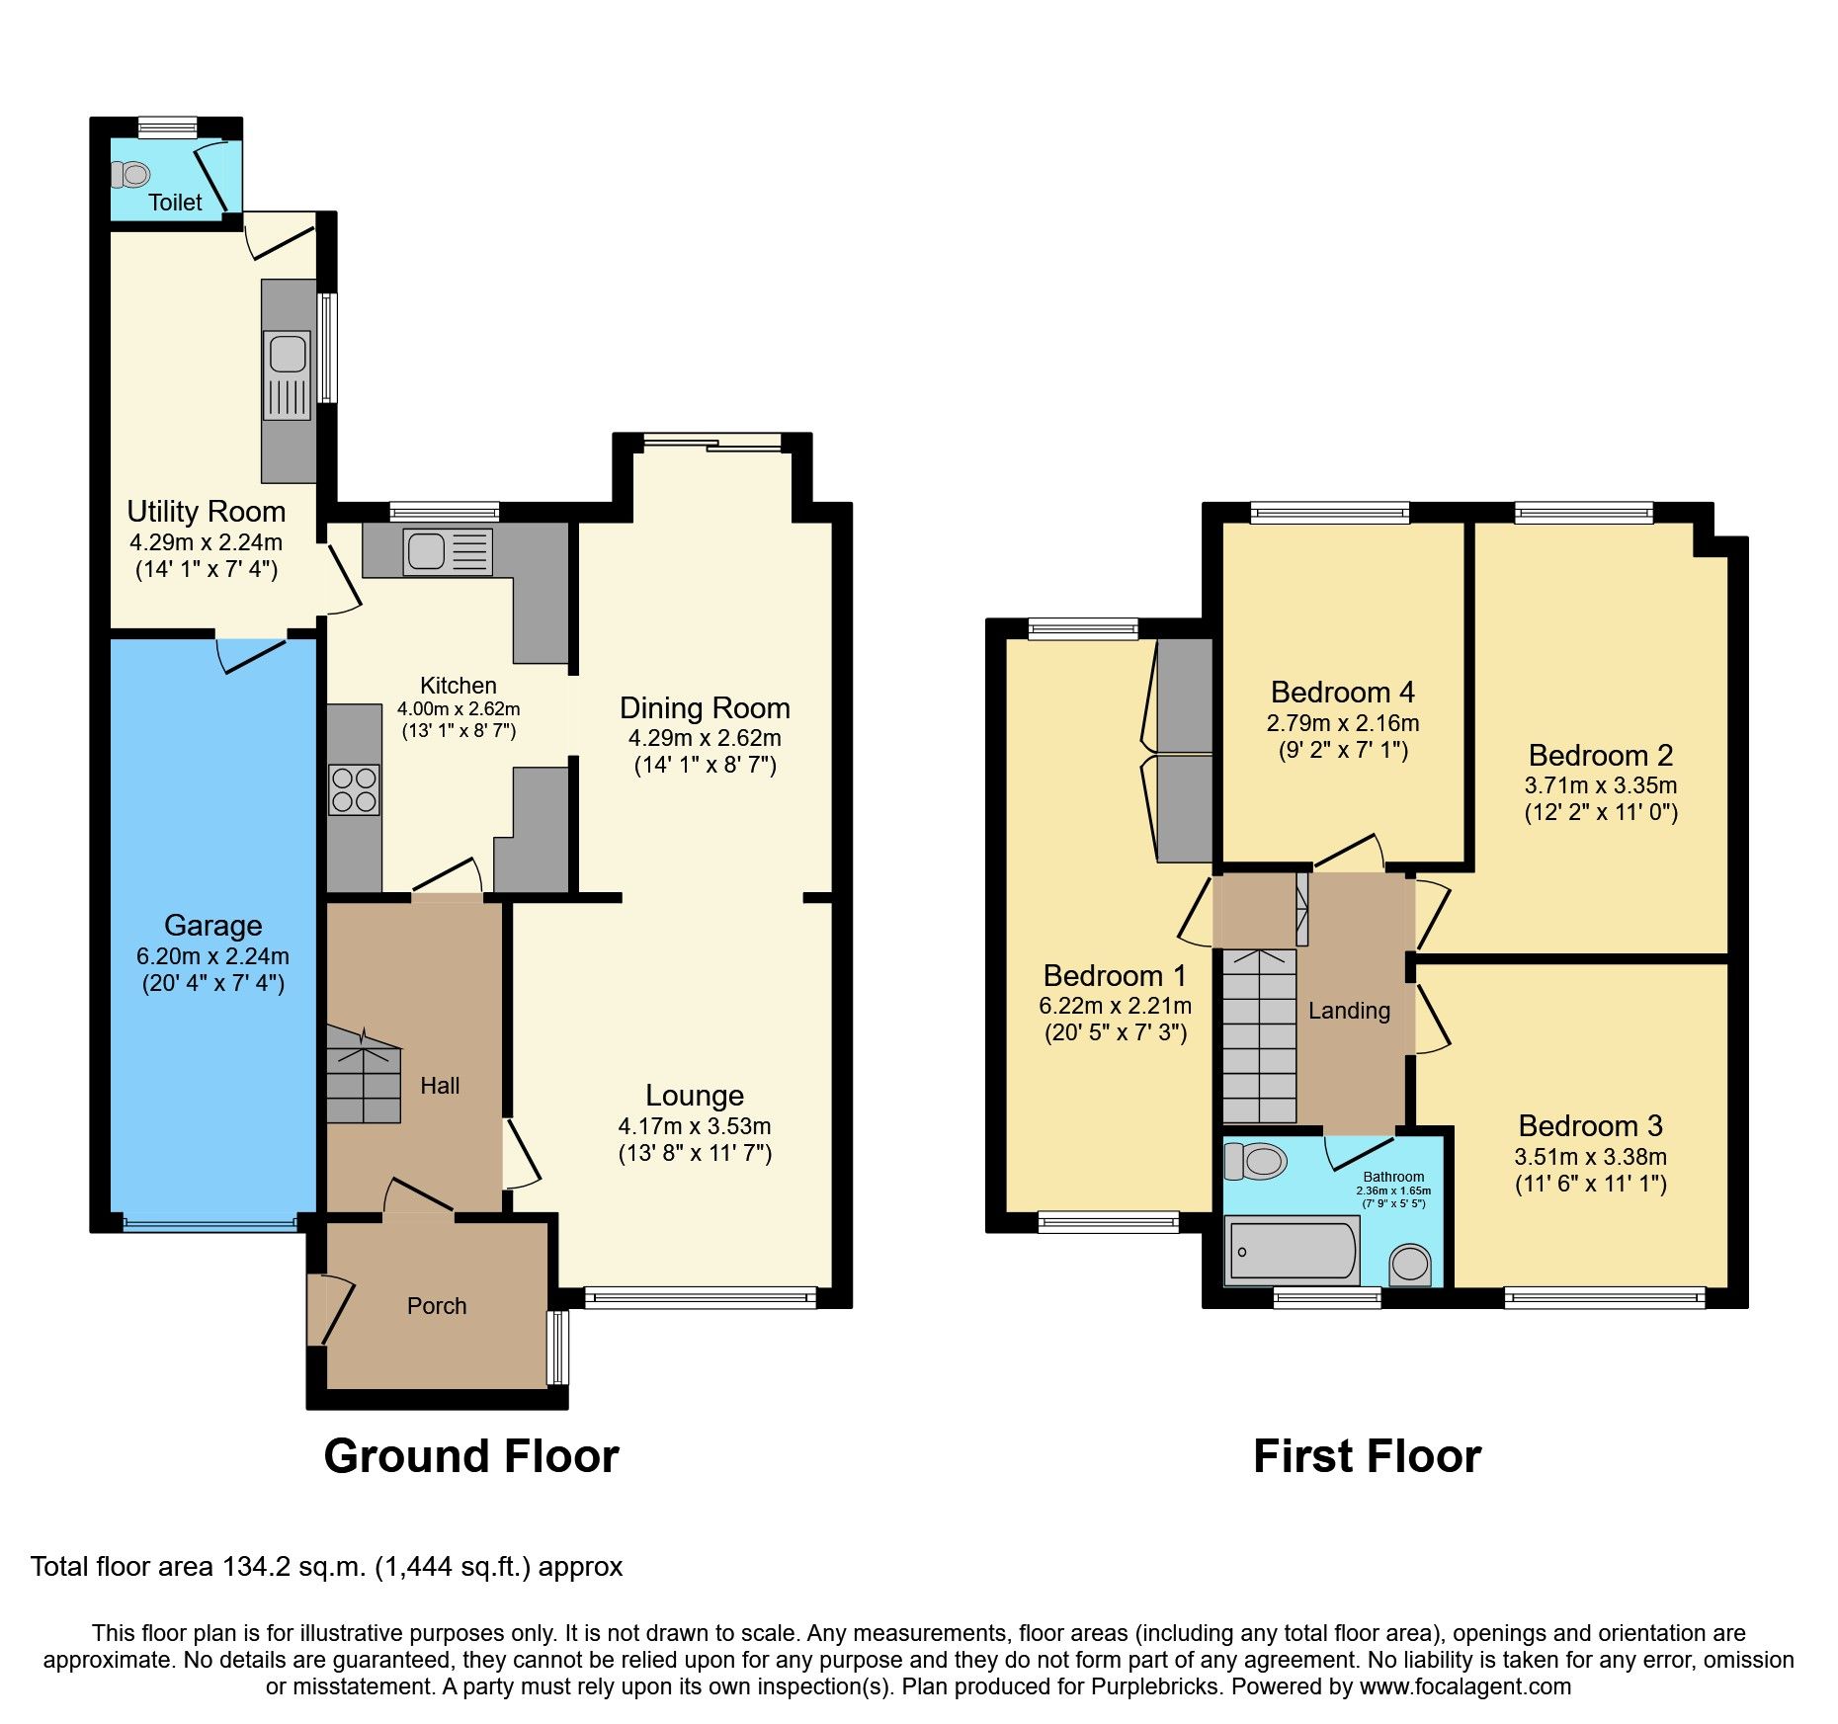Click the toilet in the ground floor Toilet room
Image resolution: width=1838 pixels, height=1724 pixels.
click(x=129, y=175)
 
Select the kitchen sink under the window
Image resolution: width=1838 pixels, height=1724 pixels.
click(x=427, y=550)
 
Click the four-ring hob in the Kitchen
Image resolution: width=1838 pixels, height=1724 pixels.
click(x=354, y=789)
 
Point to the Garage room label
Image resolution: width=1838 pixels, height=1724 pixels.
click(x=212, y=926)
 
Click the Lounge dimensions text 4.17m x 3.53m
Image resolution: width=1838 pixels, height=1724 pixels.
click(x=694, y=1126)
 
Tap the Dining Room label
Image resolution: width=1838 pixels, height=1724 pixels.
click(x=705, y=708)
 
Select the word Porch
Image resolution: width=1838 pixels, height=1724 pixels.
click(x=436, y=1306)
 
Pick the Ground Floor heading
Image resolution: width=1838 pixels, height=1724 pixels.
click(x=470, y=1456)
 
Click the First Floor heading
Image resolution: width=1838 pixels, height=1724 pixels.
click(x=1367, y=1456)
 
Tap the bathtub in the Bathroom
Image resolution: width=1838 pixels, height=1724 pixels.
click(x=1291, y=1251)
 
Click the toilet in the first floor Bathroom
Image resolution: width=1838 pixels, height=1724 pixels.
click(x=1255, y=1162)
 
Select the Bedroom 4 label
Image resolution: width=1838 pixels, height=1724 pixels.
click(x=1342, y=693)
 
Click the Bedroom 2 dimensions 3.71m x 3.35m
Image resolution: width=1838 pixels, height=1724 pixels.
click(x=1600, y=785)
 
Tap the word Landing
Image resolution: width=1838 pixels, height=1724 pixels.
click(x=1349, y=1011)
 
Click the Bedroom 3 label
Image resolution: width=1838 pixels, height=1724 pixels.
click(x=1590, y=1126)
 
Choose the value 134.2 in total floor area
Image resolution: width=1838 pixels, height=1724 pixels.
click(x=257, y=1567)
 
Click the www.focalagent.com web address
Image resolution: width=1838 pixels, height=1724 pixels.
click(x=1464, y=1686)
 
